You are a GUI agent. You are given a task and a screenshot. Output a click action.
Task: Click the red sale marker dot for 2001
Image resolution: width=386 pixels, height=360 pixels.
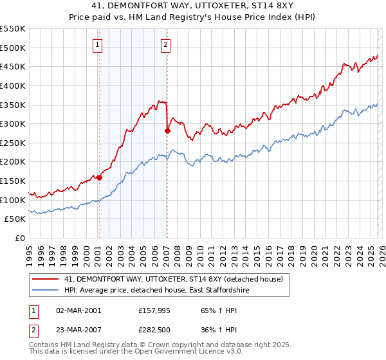point(99,178)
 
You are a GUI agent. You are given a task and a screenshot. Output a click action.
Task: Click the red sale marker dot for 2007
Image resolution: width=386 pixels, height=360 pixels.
point(167,130)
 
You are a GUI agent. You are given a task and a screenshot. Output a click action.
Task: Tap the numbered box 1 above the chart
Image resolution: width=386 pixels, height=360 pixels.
point(97,44)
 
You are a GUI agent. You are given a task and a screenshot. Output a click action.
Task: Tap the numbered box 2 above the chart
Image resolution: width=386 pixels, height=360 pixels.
point(165,44)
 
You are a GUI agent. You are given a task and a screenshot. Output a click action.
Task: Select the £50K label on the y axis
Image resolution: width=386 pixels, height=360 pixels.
point(15,219)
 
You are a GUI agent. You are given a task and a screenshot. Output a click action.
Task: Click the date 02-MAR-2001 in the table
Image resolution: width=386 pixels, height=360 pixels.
point(78,310)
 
